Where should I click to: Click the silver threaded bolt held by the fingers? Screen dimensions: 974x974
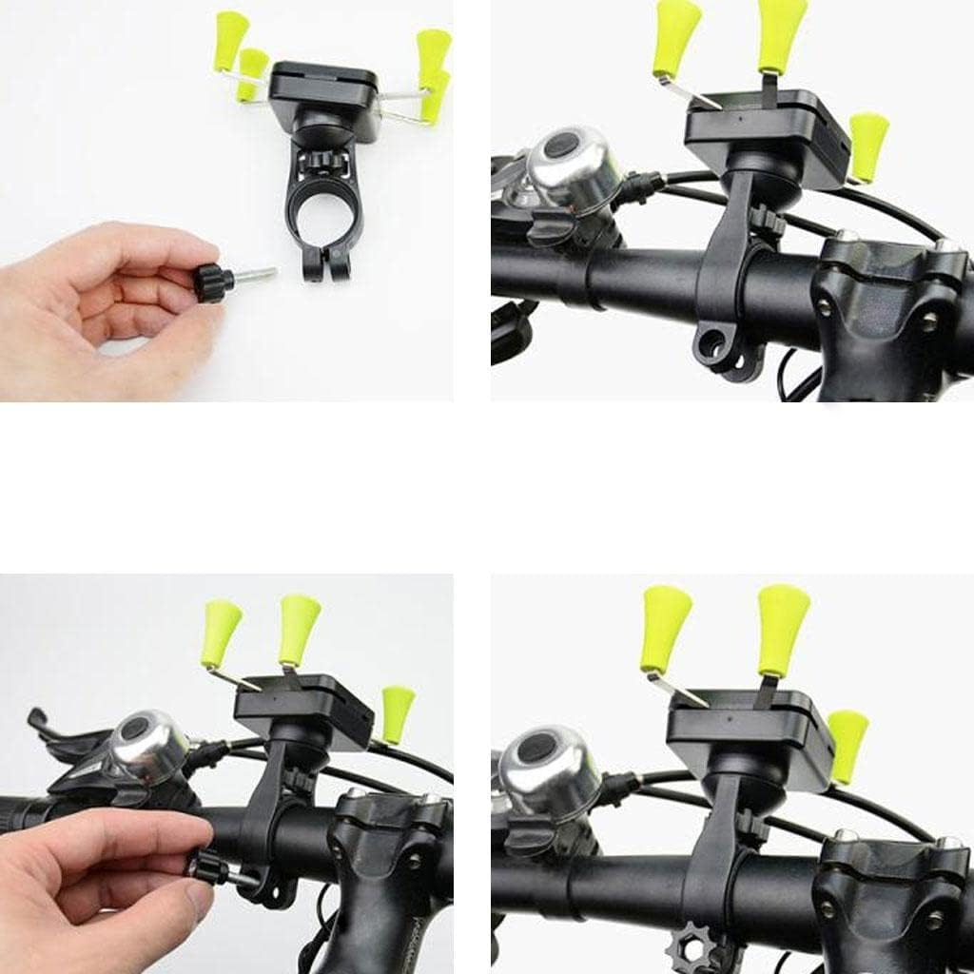[255, 277]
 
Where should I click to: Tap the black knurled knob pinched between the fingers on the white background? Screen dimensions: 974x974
[213, 282]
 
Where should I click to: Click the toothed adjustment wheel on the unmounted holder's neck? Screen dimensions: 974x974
[321, 161]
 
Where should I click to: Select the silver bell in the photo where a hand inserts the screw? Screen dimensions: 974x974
[149, 748]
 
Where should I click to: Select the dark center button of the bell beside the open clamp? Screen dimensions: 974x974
[562, 148]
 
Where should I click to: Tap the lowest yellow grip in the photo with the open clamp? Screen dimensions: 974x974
[867, 146]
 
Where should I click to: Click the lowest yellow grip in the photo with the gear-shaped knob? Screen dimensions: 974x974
[847, 746]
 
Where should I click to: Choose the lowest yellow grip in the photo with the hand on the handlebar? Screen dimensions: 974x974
[397, 713]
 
